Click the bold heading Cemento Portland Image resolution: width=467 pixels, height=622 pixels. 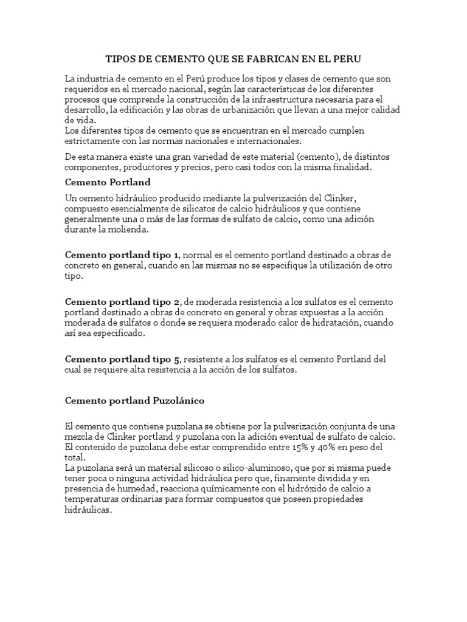(108, 182)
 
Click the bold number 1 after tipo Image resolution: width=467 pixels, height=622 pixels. (176, 254)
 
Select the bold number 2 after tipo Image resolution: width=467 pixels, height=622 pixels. (176, 302)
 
